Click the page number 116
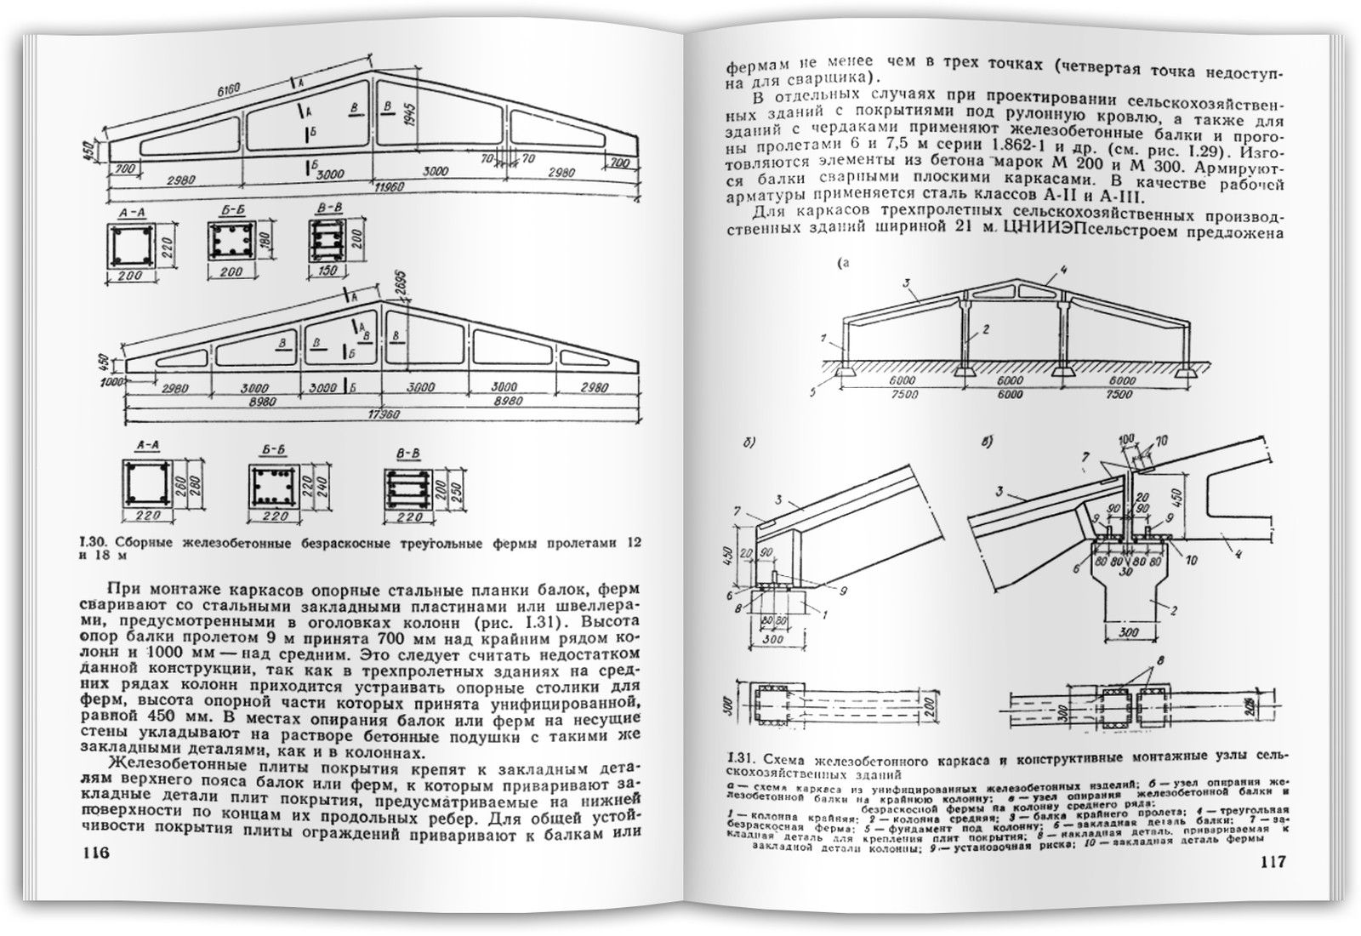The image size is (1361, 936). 96,854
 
